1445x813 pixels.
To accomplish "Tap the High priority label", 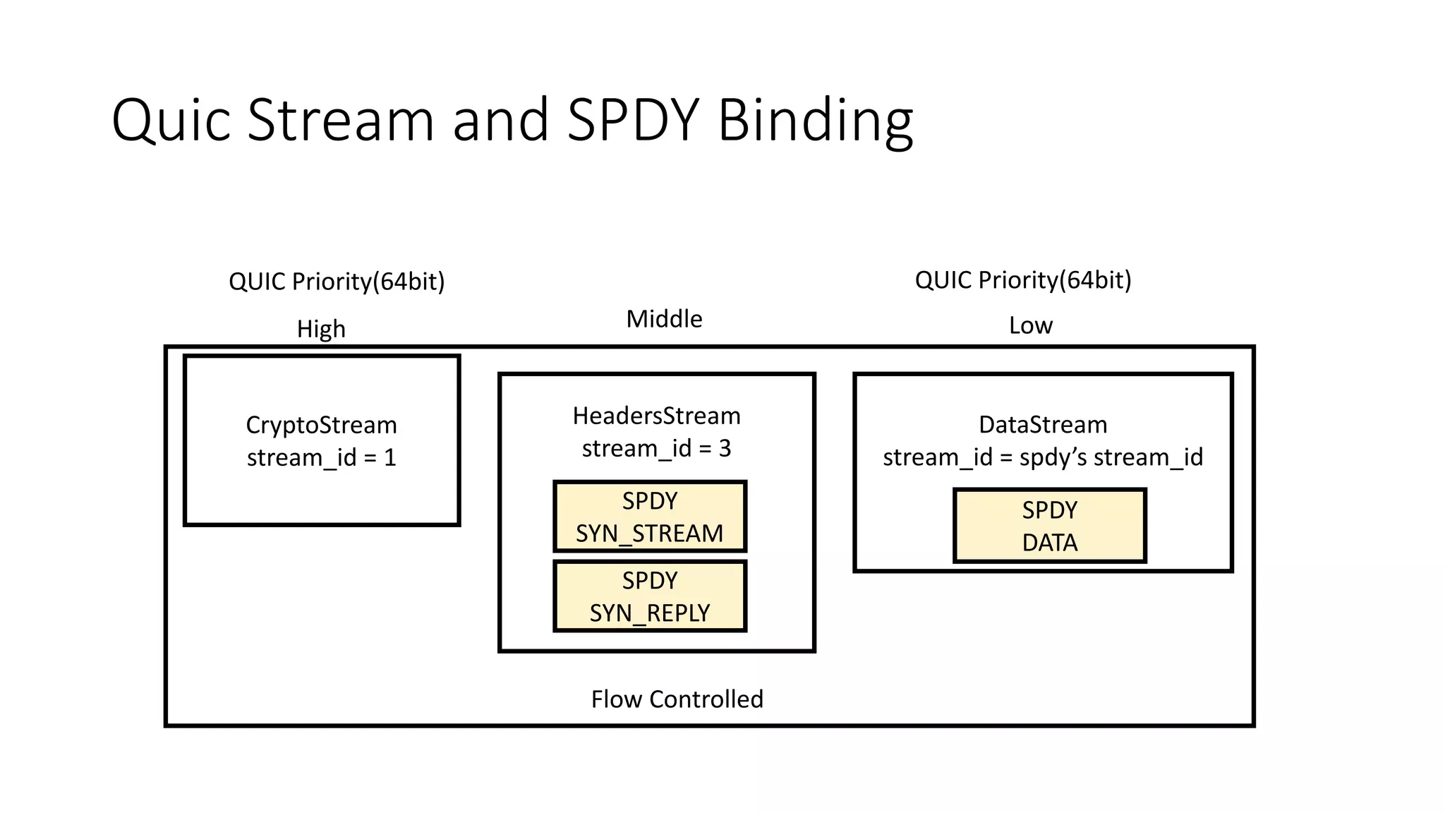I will coord(321,329).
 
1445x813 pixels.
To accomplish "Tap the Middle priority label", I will coord(664,319).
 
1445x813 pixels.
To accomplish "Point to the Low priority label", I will coord(1030,325).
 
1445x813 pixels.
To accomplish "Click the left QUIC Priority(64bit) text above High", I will coord(337,282).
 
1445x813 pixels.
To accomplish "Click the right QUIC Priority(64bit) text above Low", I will coord(1023,280).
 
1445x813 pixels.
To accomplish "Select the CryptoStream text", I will coord(321,425).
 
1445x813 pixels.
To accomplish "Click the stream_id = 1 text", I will coord(321,457).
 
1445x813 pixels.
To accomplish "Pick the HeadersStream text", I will coord(656,416).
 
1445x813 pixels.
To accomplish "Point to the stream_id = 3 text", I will coord(656,448).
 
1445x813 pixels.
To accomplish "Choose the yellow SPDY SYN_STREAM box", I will coord(650,517).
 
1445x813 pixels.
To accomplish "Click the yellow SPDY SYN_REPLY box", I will coord(650,596).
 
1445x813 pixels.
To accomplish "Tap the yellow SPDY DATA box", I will coord(1049,526).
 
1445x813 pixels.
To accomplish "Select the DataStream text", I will coord(1043,425).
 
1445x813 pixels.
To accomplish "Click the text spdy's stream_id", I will coord(1111,457).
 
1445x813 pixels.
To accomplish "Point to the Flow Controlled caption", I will coord(677,699).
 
